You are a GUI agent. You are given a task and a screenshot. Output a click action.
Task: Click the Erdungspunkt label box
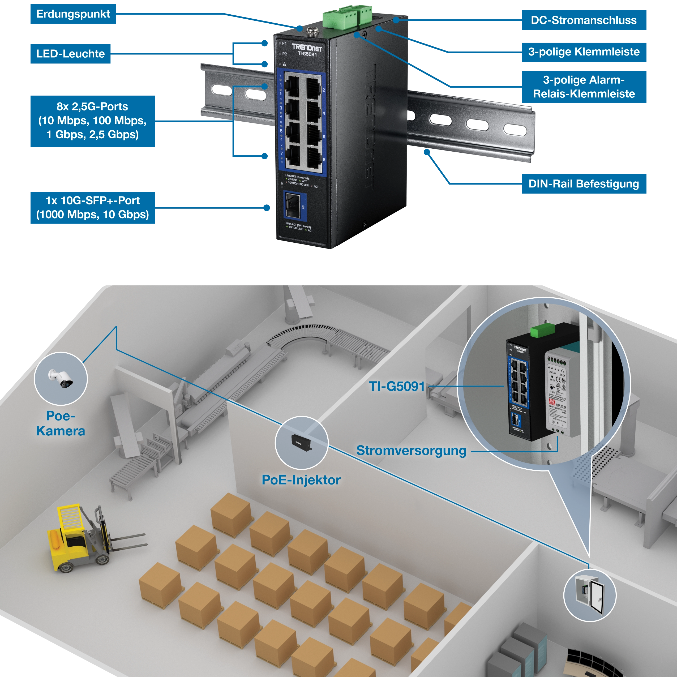point(73,14)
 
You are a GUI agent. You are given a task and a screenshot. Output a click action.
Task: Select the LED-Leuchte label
point(70,54)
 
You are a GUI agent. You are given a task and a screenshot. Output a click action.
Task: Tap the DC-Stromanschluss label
point(584,20)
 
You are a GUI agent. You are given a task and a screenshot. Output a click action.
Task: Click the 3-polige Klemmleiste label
point(584,52)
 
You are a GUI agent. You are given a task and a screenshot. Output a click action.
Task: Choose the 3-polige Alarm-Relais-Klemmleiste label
point(584,87)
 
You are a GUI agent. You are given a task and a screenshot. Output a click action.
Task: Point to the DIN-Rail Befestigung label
point(584,184)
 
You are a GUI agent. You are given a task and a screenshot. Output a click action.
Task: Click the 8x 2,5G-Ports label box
point(92,121)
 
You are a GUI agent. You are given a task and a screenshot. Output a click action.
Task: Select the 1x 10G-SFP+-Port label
point(92,207)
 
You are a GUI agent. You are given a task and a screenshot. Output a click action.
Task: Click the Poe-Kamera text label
point(61,423)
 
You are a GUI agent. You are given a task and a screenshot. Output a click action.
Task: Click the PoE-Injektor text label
point(301,480)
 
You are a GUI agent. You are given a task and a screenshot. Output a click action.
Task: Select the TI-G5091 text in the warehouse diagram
point(397,387)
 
